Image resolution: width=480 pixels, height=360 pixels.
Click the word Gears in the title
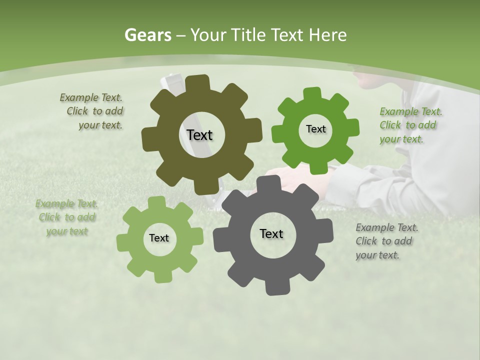click(x=147, y=35)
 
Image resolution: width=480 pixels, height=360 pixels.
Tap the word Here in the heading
click(x=328, y=35)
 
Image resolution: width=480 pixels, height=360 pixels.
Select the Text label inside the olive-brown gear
click(x=199, y=135)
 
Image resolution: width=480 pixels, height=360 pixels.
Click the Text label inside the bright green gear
click(x=315, y=129)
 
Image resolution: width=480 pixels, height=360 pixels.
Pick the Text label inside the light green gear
click(x=159, y=238)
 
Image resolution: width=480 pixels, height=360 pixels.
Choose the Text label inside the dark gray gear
click(x=271, y=234)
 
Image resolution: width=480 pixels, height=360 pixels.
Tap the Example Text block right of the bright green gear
click(x=410, y=125)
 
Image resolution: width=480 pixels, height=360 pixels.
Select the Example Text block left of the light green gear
click(x=67, y=217)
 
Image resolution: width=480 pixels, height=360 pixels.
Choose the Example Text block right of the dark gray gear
click(x=386, y=241)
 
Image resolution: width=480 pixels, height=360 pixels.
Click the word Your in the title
click(x=209, y=35)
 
